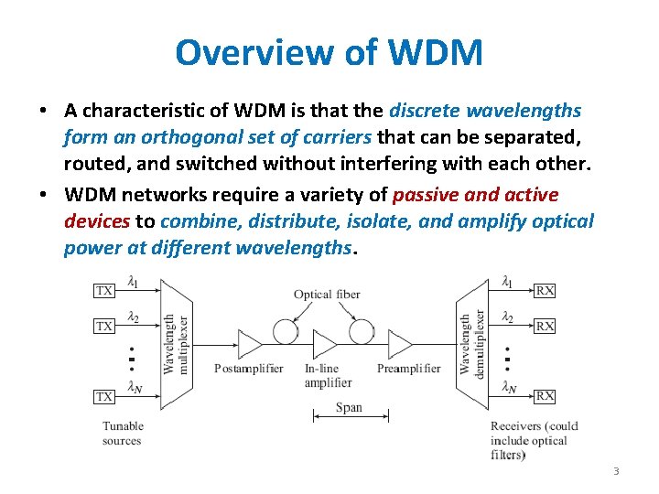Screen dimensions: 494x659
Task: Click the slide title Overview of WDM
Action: pos(329,52)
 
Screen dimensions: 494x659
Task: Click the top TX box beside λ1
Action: pos(105,291)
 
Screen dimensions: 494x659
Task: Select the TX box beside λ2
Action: pos(105,326)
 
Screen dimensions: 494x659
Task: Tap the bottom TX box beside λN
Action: pos(105,396)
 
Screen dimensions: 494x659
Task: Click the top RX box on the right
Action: pos(545,291)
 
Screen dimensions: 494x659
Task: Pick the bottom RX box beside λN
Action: pos(545,396)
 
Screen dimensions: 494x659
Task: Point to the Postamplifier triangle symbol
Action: pos(249,344)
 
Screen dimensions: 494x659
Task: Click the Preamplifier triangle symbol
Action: pos(400,344)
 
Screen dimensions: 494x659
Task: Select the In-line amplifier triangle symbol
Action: pos(325,344)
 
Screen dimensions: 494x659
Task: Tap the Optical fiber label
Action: pos(327,295)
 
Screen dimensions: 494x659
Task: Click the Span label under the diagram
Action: pos(349,408)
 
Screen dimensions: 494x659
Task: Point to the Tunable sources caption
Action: pos(123,433)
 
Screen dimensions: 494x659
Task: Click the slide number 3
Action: pos(616,471)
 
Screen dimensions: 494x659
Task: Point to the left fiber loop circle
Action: pos(286,330)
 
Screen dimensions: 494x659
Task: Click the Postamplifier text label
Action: pos(244,369)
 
